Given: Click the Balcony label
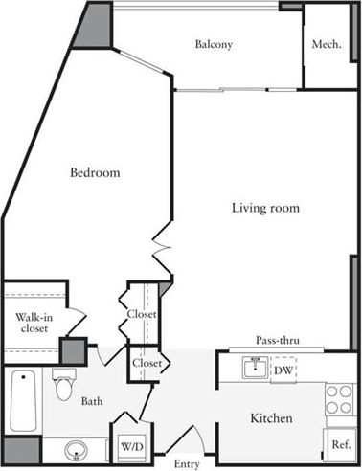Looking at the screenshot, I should (x=214, y=45).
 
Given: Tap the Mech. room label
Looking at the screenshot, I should (x=325, y=45).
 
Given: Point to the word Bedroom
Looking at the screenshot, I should (x=94, y=173).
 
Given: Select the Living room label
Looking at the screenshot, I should (x=266, y=208).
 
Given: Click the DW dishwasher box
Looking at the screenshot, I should (x=283, y=370).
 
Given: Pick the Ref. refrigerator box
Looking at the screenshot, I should (x=341, y=444).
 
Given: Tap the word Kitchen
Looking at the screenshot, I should (x=271, y=419).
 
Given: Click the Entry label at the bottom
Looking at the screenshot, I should (x=187, y=465).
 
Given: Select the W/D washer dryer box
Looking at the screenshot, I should (x=128, y=445).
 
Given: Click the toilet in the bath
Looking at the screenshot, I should (x=64, y=387).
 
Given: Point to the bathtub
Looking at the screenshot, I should (x=22, y=401).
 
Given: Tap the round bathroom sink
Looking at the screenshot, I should (x=77, y=450).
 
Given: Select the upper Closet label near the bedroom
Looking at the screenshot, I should (x=141, y=315).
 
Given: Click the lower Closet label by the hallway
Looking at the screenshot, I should (x=147, y=364).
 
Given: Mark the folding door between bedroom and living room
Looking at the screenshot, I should (x=160, y=251).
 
